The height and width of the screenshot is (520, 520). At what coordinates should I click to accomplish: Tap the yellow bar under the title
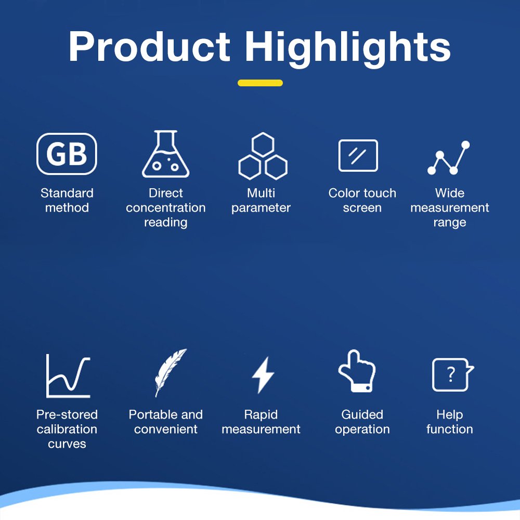coord(260,83)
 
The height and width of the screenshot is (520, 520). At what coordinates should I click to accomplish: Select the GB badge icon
coord(67,154)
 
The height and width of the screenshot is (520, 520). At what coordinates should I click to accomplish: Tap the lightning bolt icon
coord(263,375)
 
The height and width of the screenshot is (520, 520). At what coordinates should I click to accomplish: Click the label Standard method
coord(67,200)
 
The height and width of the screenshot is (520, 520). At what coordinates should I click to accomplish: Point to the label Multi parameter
coord(261,200)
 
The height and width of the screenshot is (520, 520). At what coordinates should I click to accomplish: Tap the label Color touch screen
coord(362,200)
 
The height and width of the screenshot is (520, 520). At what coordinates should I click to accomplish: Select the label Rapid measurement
coord(261,422)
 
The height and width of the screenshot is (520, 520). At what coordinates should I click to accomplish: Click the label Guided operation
coord(362,422)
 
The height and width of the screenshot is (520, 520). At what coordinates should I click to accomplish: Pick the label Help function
coord(450,422)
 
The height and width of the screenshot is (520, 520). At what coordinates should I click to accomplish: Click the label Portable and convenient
coord(166,422)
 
